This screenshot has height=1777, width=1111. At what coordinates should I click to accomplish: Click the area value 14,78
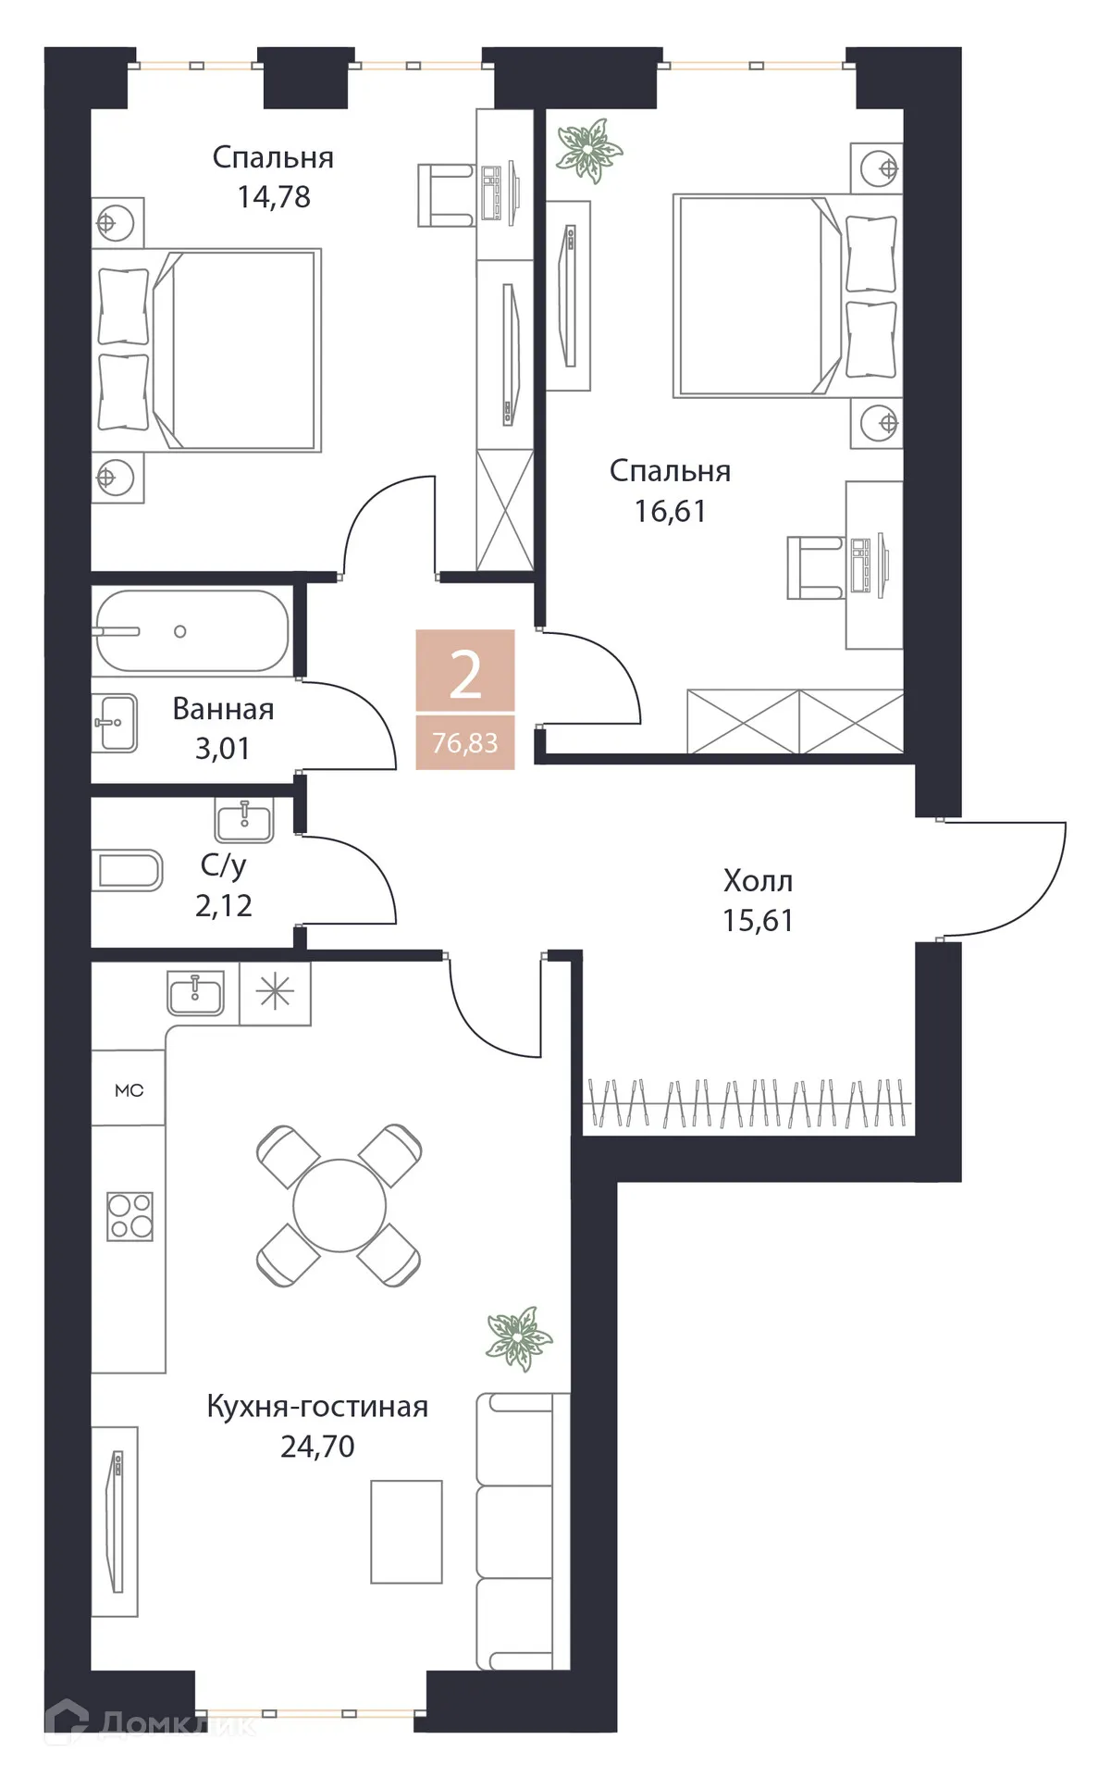[x=274, y=197]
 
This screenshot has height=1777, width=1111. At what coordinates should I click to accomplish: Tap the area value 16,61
[x=670, y=511]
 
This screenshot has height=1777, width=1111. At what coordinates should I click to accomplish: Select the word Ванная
[x=223, y=709]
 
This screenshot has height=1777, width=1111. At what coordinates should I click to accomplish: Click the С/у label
[x=223, y=865]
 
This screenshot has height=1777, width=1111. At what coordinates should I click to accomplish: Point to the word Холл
[x=758, y=880]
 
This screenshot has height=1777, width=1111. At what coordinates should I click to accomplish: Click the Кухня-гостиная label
[x=317, y=1406]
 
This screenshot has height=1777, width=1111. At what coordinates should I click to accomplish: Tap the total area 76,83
[x=464, y=743]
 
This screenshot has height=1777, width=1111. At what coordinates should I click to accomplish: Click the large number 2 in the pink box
[x=465, y=675]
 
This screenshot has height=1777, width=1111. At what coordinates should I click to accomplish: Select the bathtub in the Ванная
[x=192, y=631]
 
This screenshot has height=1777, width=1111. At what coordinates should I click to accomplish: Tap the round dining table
[x=339, y=1206]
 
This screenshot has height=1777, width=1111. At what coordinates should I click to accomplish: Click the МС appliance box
[x=129, y=1090]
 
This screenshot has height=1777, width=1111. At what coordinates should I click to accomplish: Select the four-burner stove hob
[x=130, y=1216]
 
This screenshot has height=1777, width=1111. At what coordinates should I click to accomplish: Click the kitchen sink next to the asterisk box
[x=196, y=993]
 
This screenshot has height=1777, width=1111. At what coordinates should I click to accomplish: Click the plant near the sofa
[x=518, y=1337]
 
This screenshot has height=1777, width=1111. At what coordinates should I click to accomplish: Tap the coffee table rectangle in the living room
[x=406, y=1532]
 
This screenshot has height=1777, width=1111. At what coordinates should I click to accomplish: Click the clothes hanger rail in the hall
[x=747, y=1103]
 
